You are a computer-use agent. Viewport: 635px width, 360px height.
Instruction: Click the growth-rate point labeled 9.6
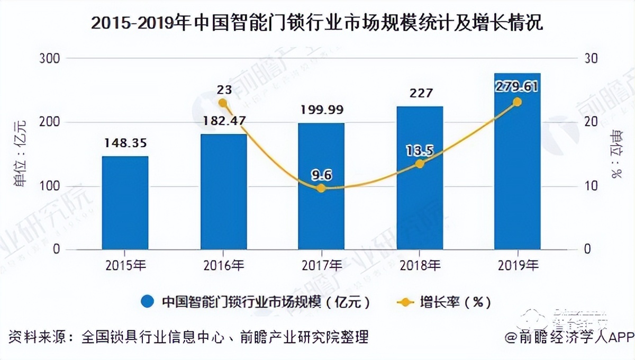coord(321,188)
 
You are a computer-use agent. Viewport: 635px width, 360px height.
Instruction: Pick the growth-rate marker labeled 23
coord(223,103)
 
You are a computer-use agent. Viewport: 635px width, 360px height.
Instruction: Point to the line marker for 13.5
coord(420,164)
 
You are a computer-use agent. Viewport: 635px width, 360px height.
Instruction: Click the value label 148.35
coord(125,143)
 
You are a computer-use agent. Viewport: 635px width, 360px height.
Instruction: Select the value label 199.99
coord(321,110)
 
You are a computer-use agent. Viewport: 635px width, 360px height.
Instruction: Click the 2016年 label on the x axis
coord(223,265)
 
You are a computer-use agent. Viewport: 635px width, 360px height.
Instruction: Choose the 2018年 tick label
coord(419,265)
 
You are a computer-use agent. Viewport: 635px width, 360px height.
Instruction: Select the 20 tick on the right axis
coord(591,122)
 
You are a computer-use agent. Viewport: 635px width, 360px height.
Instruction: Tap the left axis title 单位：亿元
coord(20,154)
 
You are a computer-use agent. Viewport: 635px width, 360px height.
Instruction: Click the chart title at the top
coord(317,24)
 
